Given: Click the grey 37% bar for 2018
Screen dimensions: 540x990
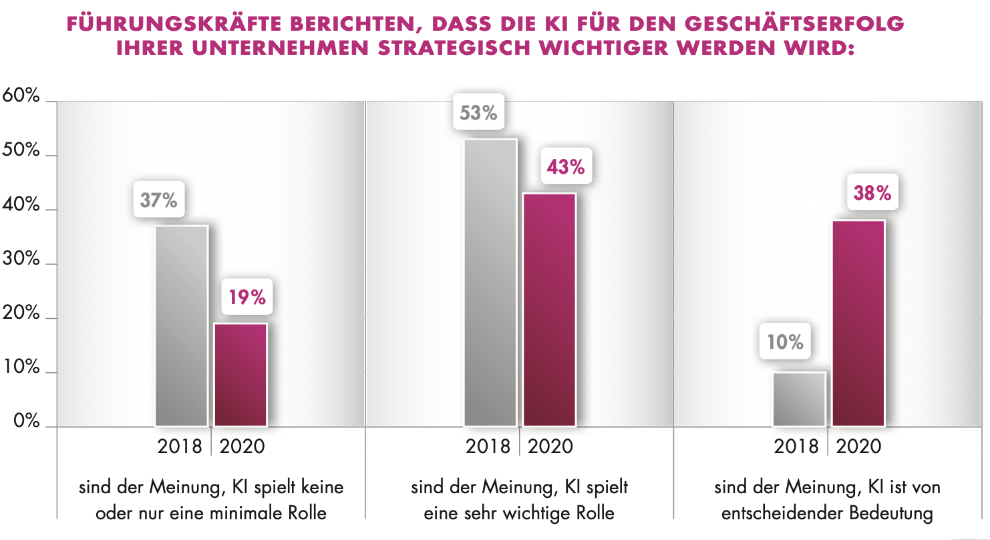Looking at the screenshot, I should point(181,325).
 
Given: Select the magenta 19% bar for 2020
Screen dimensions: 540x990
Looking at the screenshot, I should point(240,374).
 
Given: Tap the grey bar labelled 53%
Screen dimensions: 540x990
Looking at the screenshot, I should point(490,282).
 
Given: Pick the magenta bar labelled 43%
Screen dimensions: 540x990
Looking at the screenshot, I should point(549,309).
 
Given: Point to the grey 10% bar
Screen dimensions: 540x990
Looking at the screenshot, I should point(799,399).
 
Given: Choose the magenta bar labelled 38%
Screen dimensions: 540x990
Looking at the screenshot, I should point(858,323).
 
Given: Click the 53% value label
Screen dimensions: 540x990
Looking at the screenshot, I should point(479,113).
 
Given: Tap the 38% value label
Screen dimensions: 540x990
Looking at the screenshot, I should point(872,193).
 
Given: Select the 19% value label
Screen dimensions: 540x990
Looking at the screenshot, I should point(247,297).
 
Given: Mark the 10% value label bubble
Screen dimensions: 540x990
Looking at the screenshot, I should point(785,342).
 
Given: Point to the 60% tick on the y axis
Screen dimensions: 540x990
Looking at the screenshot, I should point(21,96).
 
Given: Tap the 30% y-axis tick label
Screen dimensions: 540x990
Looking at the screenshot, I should point(21,259).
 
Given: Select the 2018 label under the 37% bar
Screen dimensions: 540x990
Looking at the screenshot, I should point(180,446).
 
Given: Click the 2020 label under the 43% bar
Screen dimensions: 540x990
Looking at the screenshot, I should point(550,446).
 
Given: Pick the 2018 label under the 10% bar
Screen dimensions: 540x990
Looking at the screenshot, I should point(796,446).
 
